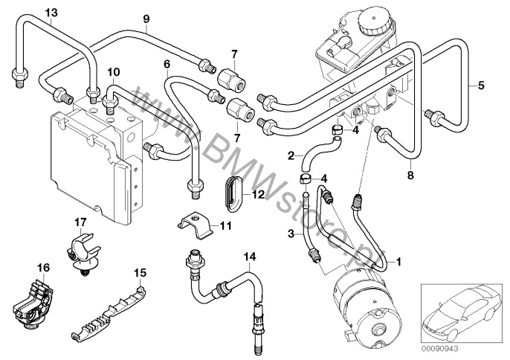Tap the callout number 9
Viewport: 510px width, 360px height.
coord(146,19)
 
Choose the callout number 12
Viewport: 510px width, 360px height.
coord(259,195)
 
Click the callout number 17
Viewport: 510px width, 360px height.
coord(80,222)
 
